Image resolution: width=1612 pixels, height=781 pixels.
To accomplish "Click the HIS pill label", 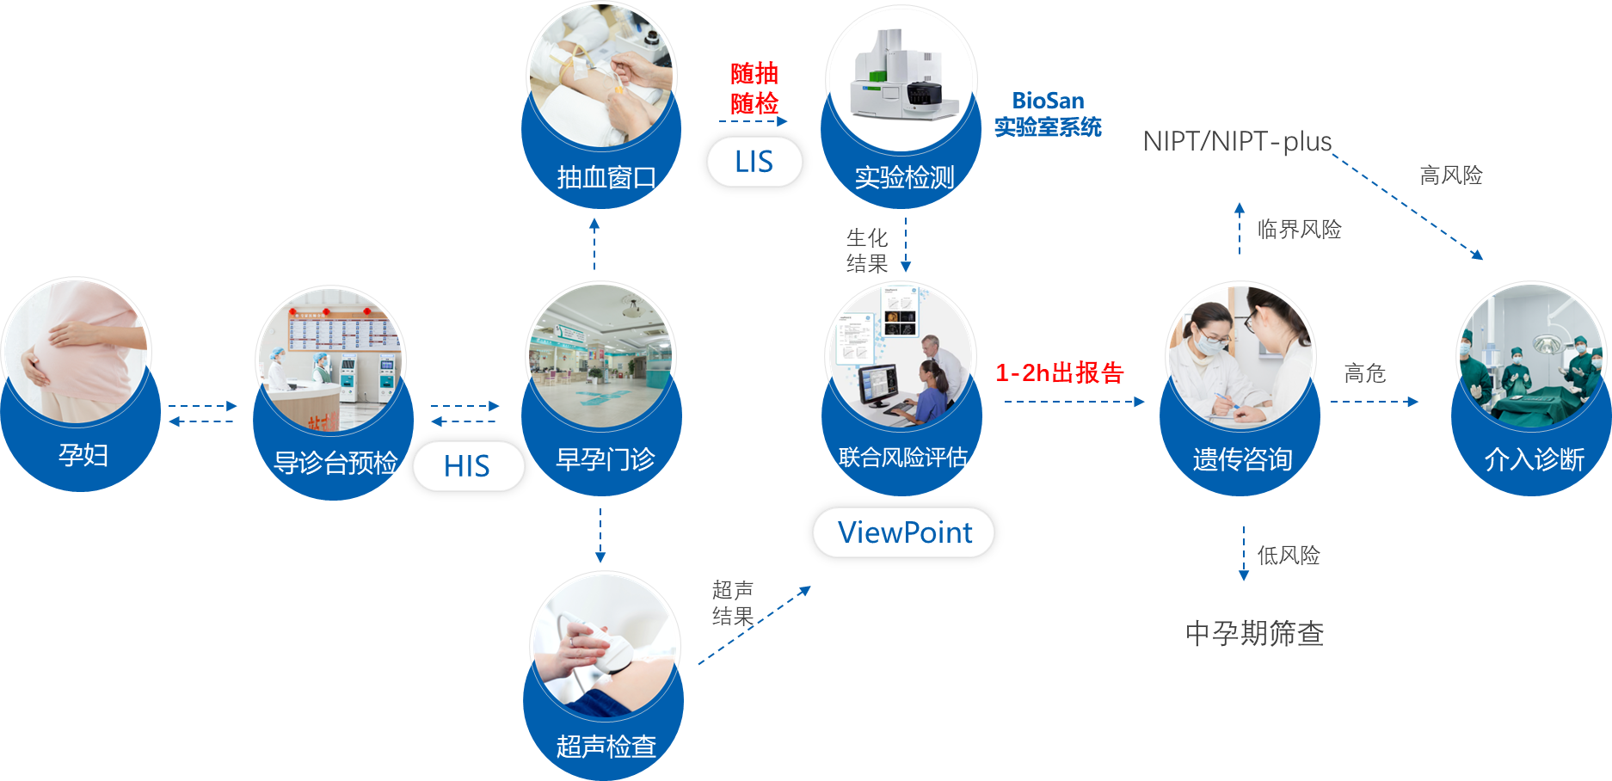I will coord(468,466).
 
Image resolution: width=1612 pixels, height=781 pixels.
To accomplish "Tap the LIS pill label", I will coord(754,162).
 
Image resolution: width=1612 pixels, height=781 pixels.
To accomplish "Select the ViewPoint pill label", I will coord(904,532).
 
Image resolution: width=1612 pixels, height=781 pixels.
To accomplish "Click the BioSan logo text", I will coord(1048,101).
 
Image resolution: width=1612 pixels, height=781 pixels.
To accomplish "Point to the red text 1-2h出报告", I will coord(1059,372).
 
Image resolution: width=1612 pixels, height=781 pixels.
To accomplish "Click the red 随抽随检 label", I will coord(754,88).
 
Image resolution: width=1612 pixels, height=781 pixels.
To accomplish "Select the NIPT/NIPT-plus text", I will coord(1237,141).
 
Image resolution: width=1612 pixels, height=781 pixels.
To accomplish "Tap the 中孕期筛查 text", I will coord(1254,633).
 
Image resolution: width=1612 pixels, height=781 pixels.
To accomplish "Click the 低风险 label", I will coord(1288,555).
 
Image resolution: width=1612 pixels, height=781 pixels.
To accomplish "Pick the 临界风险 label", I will coord(1299,229).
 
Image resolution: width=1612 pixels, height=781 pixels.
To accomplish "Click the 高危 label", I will coord(1364,372).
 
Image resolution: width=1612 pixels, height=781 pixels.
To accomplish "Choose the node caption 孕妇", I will coord(83,453).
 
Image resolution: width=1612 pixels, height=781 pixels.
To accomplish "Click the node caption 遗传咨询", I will coord(1242,458).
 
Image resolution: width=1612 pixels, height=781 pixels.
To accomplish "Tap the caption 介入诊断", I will coord(1534,458).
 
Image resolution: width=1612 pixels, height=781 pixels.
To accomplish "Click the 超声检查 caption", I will coord(606,746).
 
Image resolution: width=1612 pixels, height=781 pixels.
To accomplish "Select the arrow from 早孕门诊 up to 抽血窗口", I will coord(594,244).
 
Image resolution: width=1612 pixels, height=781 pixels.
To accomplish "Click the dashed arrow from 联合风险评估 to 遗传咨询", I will coord(1074,402).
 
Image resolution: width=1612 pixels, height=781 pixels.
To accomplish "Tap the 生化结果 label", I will coord(866,249).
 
